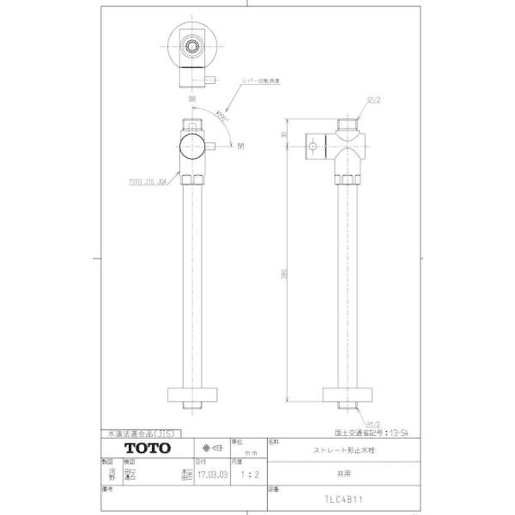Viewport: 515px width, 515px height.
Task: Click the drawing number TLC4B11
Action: [x=343, y=498]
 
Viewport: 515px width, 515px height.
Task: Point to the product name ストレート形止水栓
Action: [x=343, y=451]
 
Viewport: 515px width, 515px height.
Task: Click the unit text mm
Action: [x=251, y=453]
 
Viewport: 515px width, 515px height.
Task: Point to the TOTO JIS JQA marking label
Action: [x=146, y=182]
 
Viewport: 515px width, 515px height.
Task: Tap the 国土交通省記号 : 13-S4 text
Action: [x=376, y=431]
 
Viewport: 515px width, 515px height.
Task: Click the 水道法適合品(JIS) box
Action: [x=141, y=433]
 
